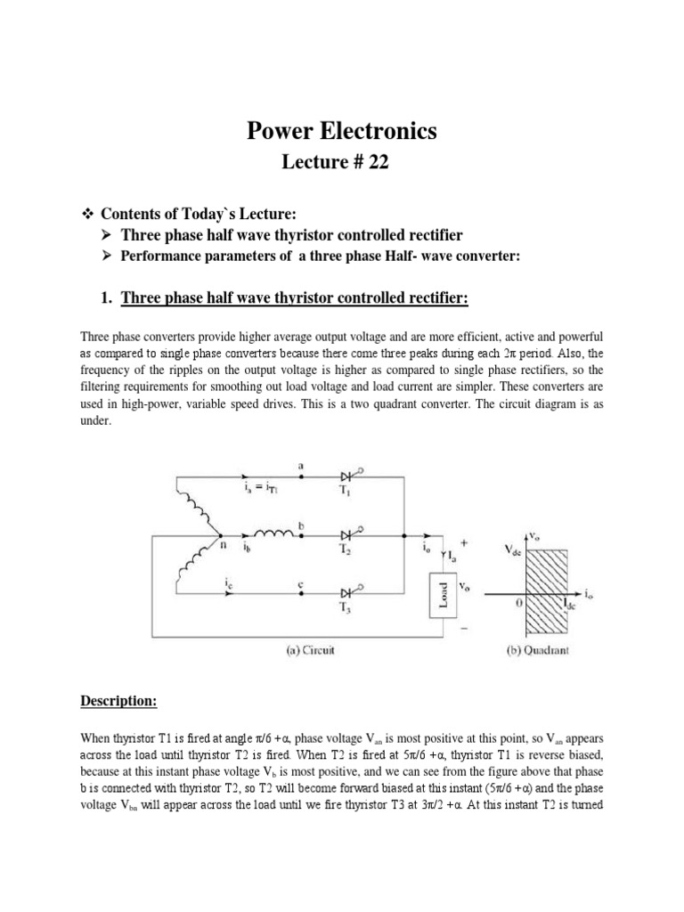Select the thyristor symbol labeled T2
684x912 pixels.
(x=348, y=535)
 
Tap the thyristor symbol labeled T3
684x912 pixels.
(x=348, y=590)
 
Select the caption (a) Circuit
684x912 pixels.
(x=303, y=651)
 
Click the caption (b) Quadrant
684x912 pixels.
(x=533, y=651)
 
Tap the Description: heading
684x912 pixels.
(x=118, y=702)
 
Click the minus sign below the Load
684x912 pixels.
(x=463, y=629)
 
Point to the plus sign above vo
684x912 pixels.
(x=461, y=542)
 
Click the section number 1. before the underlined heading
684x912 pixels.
(x=109, y=297)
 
